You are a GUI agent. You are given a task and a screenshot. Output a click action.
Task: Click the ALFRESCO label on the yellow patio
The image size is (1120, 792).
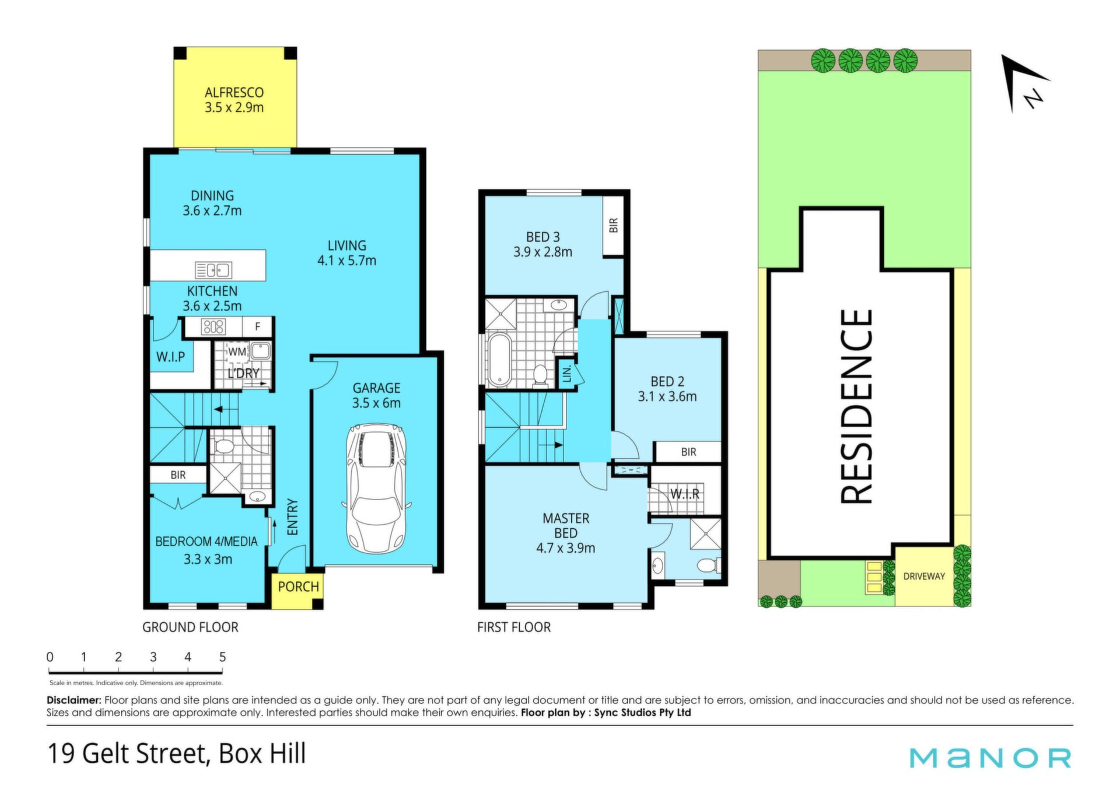[x=234, y=92]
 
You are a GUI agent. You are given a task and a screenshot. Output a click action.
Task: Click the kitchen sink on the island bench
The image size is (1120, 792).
[x=213, y=270]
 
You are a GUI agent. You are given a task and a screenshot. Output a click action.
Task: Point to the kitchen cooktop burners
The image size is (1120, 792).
[x=213, y=327]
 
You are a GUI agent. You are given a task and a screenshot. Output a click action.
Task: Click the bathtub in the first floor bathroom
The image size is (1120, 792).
[x=499, y=359]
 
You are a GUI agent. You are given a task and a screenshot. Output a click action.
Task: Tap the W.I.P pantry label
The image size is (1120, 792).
[x=170, y=357]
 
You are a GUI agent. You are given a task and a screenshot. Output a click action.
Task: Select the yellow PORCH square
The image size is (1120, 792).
[x=297, y=591]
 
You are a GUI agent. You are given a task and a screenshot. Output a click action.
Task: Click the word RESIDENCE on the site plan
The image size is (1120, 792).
[x=856, y=406]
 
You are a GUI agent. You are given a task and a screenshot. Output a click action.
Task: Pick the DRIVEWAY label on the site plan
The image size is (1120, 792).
[x=924, y=577]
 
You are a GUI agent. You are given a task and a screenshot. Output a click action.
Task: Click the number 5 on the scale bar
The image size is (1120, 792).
[x=222, y=657]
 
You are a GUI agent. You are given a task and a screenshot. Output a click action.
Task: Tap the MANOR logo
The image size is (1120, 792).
[x=990, y=758]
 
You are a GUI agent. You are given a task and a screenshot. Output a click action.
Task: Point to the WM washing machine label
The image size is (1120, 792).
[x=237, y=352]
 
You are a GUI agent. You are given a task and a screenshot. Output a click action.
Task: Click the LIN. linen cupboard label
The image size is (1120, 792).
[x=566, y=374]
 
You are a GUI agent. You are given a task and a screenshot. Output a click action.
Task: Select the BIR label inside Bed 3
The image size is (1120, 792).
[x=613, y=225]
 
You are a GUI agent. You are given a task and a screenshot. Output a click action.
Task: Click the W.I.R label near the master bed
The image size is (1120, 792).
[x=685, y=494]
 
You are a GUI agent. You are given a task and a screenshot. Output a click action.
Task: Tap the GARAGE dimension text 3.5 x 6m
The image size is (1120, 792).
[x=376, y=403]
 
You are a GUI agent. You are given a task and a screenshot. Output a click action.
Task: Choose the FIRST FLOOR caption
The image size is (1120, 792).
[x=514, y=627]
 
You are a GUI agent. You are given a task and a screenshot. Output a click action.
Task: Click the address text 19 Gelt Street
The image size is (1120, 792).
[x=128, y=753]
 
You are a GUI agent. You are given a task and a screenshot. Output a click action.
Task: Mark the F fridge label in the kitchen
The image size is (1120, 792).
[x=258, y=327]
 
